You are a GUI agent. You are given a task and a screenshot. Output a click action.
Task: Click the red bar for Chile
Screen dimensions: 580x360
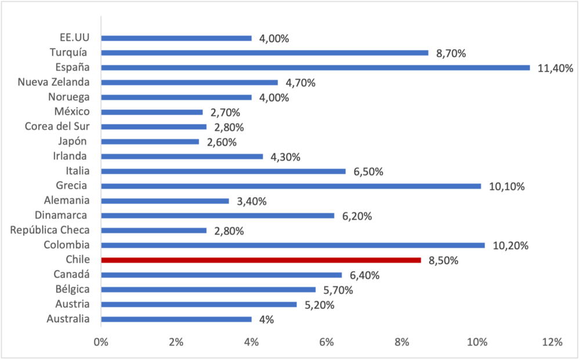click(x=261, y=260)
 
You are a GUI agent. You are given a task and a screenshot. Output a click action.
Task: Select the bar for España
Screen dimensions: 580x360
click(x=316, y=68)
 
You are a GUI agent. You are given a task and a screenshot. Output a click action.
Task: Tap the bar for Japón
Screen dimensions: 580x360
click(x=150, y=141)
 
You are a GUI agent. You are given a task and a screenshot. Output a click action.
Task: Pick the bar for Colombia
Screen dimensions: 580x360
click(x=293, y=245)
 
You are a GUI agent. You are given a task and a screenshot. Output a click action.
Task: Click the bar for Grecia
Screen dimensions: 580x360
click(x=291, y=186)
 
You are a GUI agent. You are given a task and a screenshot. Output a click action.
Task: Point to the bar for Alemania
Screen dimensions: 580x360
click(x=165, y=201)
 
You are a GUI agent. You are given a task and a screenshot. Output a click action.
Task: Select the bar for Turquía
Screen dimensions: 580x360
click(x=265, y=53)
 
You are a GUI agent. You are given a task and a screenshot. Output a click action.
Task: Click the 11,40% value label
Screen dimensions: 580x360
click(x=555, y=68)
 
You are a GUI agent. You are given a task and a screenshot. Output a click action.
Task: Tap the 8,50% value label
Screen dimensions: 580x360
click(x=444, y=260)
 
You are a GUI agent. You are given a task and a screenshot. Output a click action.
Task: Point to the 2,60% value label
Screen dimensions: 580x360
click(x=222, y=142)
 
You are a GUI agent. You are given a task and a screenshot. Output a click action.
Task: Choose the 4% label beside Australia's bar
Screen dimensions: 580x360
click(x=266, y=320)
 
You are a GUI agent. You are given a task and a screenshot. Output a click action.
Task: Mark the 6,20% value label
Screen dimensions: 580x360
click(x=357, y=216)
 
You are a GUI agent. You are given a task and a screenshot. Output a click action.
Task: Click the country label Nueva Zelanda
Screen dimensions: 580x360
click(x=53, y=82)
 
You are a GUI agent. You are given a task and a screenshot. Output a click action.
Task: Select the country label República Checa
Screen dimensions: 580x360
click(x=50, y=230)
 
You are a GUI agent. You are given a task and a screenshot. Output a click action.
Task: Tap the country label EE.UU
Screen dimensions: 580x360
click(x=75, y=38)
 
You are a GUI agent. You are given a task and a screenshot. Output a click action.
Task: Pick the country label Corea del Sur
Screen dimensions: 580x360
click(x=57, y=126)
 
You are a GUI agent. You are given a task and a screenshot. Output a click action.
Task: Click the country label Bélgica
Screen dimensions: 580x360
click(x=72, y=289)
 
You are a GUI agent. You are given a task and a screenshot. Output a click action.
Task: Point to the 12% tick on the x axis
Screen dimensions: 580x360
click(x=553, y=342)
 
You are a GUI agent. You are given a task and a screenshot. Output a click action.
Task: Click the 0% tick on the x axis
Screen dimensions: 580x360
click(x=101, y=342)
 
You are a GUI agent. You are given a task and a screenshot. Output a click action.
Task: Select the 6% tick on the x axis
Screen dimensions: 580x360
click(x=327, y=342)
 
